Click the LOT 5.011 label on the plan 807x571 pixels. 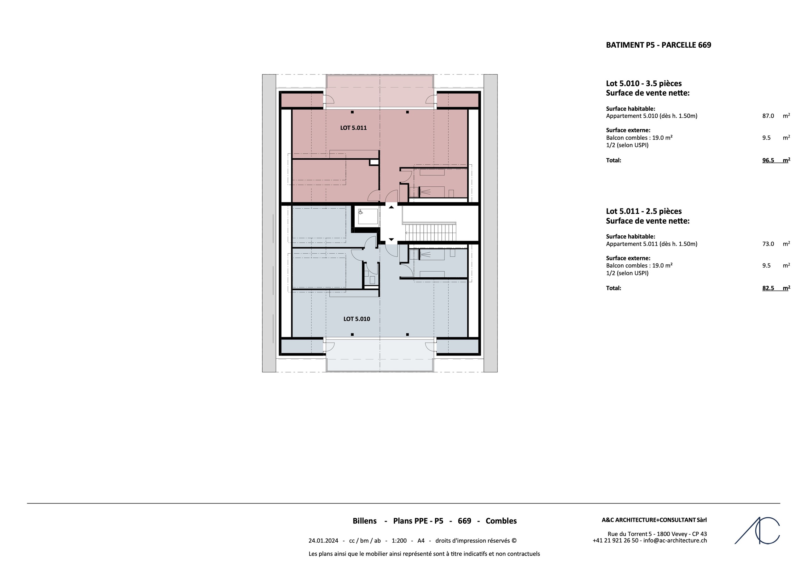353,128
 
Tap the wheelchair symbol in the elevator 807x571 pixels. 361,212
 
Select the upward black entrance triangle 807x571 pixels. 391,207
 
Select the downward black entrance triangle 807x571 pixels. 391,239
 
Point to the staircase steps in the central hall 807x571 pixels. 431,233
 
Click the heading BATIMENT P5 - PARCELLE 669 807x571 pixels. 658,45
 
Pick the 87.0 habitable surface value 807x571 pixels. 768,116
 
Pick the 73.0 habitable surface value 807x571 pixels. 768,244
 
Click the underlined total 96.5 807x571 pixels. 768,161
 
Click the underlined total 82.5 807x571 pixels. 768,288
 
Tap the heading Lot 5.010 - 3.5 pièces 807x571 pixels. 644,84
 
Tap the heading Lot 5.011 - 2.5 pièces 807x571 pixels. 644,211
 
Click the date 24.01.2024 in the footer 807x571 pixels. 323,541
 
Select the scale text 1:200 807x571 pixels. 399,541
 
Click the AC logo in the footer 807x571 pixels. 757,531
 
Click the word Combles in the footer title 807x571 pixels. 501,521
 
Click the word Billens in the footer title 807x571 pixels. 364,521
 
